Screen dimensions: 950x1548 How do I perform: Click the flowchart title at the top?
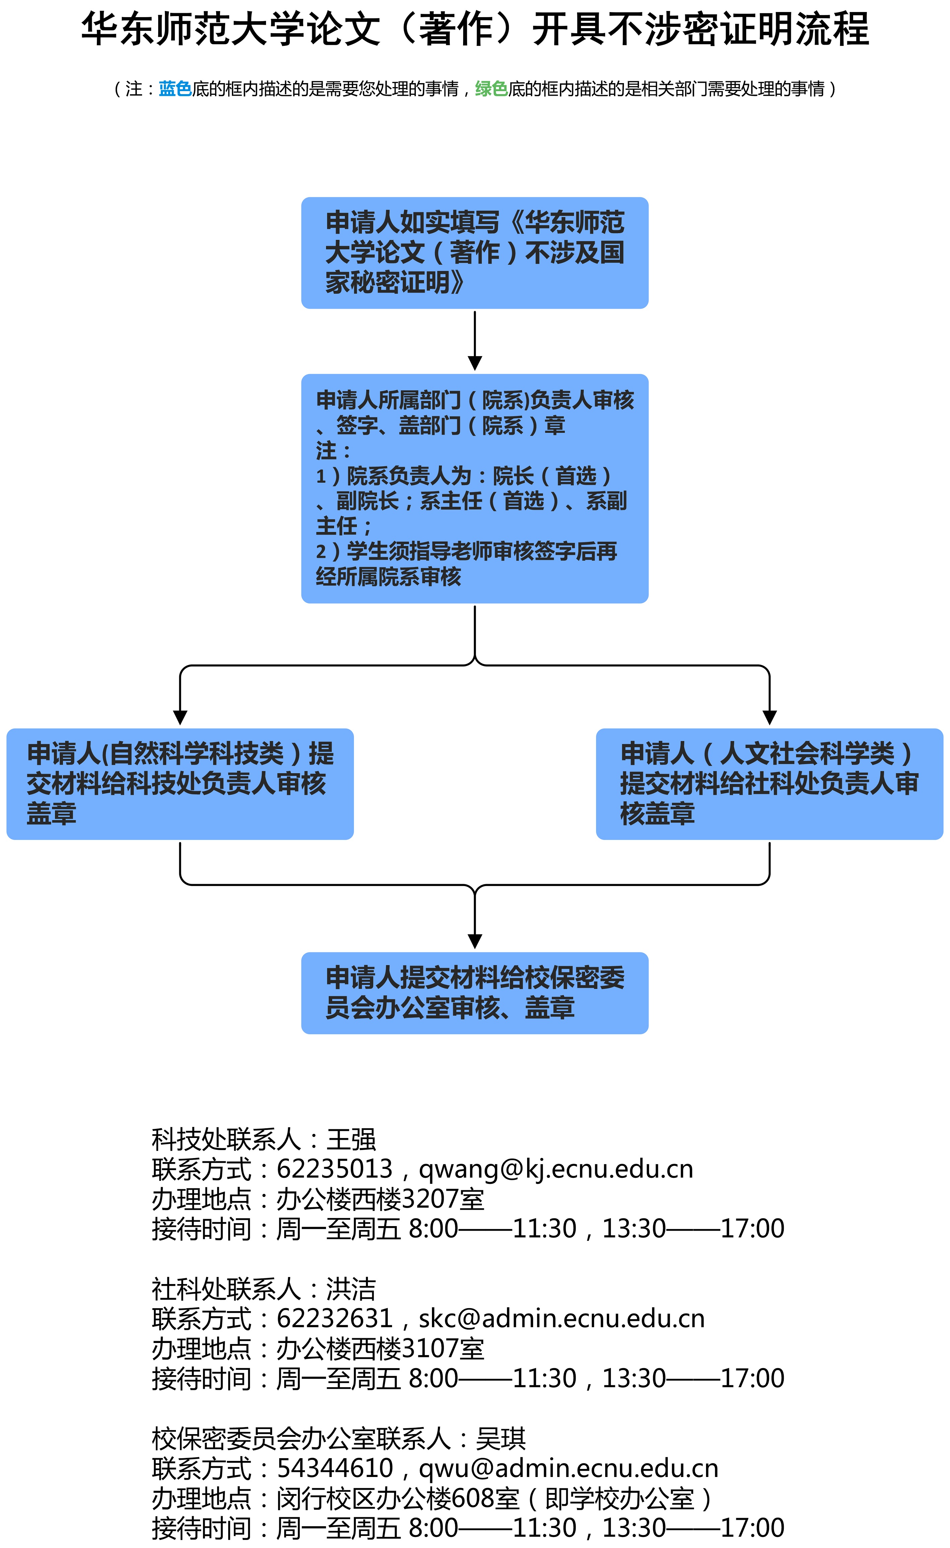click(475, 29)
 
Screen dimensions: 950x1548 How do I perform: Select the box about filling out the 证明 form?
click(475, 253)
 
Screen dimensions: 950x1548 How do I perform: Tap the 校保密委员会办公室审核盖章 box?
click(475, 993)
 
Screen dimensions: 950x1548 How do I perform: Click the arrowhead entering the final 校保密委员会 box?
click(475, 941)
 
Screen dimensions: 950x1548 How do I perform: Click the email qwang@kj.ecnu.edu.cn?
click(556, 1169)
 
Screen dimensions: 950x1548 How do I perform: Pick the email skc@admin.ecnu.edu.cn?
click(562, 1318)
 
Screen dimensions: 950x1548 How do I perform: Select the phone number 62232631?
click(335, 1318)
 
